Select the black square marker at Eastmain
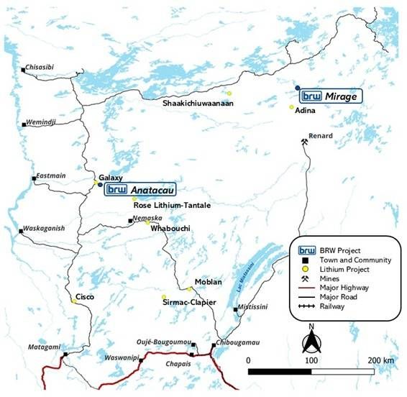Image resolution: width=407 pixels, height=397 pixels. coord(33,178)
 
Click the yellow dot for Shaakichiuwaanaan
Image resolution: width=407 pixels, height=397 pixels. coord(229,93)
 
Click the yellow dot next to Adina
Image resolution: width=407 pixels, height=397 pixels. coord(291,108)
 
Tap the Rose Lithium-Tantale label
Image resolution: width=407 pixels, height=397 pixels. coord(172,205)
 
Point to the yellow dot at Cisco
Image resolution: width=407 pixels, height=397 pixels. coord(73,302)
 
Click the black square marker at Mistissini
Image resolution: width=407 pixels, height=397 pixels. coord(236,310)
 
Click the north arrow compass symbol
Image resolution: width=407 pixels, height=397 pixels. coord(311,337)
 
